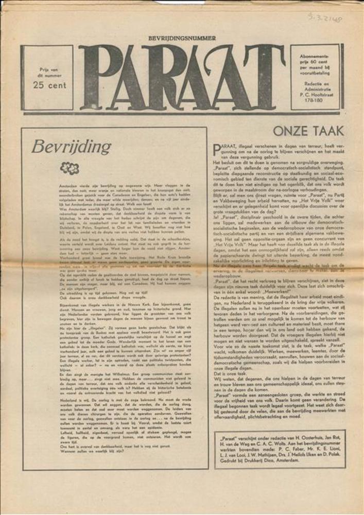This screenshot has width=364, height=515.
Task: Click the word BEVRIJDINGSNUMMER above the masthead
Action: click(182, 38)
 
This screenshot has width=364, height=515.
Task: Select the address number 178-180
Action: click(315, 101)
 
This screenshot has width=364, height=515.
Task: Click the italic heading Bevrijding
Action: click(71, 147)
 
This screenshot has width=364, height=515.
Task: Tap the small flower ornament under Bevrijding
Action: click(70, 168)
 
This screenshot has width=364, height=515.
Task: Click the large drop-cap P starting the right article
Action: click(217, 149)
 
